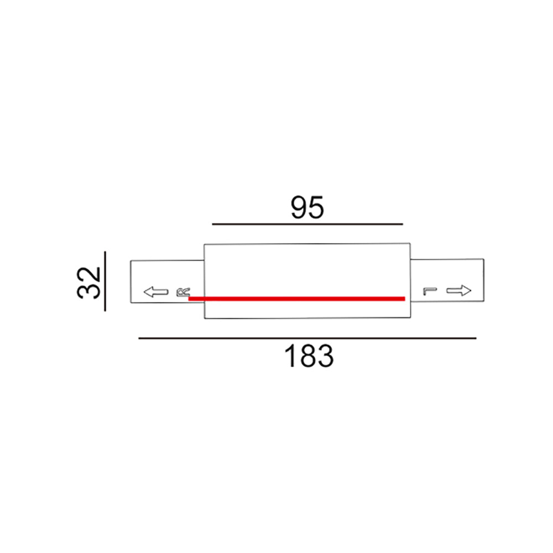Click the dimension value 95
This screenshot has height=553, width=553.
click(x=307, y=207)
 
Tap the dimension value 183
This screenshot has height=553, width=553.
click(x=309, y=357)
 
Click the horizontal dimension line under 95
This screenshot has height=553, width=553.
click(x=307, y=225)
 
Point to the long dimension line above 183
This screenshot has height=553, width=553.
click(x=307, y=338)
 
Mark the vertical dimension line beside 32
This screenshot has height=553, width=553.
click(x=105, y=281)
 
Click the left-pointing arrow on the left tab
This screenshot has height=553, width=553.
click(x=155, y=291)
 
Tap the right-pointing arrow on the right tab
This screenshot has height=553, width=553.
click(x=458, y=290)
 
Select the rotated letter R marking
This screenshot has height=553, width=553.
click(x=182, y=292)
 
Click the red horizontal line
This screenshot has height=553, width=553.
click(x=297, y=299)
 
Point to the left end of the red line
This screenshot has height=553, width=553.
click(x=190, y=299)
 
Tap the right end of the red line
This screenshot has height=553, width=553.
click(x=404, y=299)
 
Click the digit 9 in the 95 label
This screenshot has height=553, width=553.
click(x=298, y=207)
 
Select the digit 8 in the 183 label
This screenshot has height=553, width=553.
click(x=309, y=357)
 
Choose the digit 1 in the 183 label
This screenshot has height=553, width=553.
click(x=291, y=357)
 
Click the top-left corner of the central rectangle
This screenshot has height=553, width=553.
click(x=205, y=243)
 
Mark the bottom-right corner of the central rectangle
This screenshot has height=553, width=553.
click(x=410, y=319)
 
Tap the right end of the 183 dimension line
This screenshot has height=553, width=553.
click(x=475, y=338)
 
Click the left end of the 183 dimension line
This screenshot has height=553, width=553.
click(x=139, y=338)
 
